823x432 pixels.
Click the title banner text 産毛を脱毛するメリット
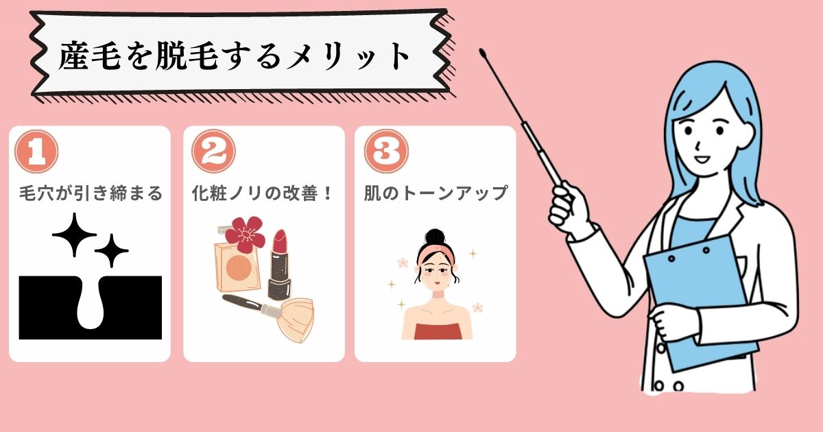pos(234,56)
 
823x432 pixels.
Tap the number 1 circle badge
pos(36,152)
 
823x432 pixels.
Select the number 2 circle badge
pos(213,152)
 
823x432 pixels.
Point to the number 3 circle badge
pos(386,152)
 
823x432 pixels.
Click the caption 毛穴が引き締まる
pos(91,193)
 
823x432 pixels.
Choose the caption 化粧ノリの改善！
pos(262,193)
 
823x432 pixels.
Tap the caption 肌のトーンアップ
pos(436,193)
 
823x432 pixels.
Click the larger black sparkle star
pos(75,235)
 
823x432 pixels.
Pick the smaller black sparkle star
pos(112,251)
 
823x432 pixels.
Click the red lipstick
pos(280,265)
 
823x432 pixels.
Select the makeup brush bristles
pos(296,320)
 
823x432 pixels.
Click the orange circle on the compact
pos(239,267)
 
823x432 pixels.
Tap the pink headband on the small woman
pos(436,254)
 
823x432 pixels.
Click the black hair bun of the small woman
pos(436,237)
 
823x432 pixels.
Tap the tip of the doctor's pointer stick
pos(482,51)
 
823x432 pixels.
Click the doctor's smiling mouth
pos(702,159)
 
